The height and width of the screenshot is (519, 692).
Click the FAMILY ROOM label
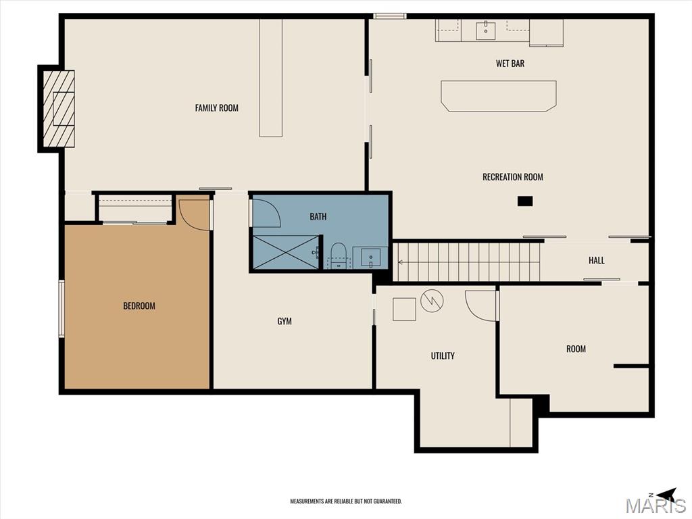coord(217,107)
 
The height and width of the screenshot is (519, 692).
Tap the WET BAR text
coord(510,64)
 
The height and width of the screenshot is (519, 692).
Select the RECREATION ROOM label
coord(513,177)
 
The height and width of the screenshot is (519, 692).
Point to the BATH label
coord(318,216)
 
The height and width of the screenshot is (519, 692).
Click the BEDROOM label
coord(139,305)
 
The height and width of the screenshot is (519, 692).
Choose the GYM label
coord(285,321)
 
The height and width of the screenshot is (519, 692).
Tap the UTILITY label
coord(443,355)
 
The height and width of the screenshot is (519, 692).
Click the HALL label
coord(596,260)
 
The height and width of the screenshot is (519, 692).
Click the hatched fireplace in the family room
coord(58,109)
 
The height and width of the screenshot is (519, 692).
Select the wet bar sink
coord(485,30)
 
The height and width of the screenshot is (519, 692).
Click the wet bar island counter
coord(499,96)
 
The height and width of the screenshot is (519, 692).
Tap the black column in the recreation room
coord(525,201)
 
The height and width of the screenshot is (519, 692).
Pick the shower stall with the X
coord(286,253)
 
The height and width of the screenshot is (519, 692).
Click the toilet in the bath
coord(339,255)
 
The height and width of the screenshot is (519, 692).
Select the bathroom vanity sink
coord(371,257)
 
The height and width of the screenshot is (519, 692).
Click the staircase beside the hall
coord(466,262)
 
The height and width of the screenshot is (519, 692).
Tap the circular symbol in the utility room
coord(432,301)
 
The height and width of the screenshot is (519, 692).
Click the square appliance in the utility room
coord(404,309)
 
